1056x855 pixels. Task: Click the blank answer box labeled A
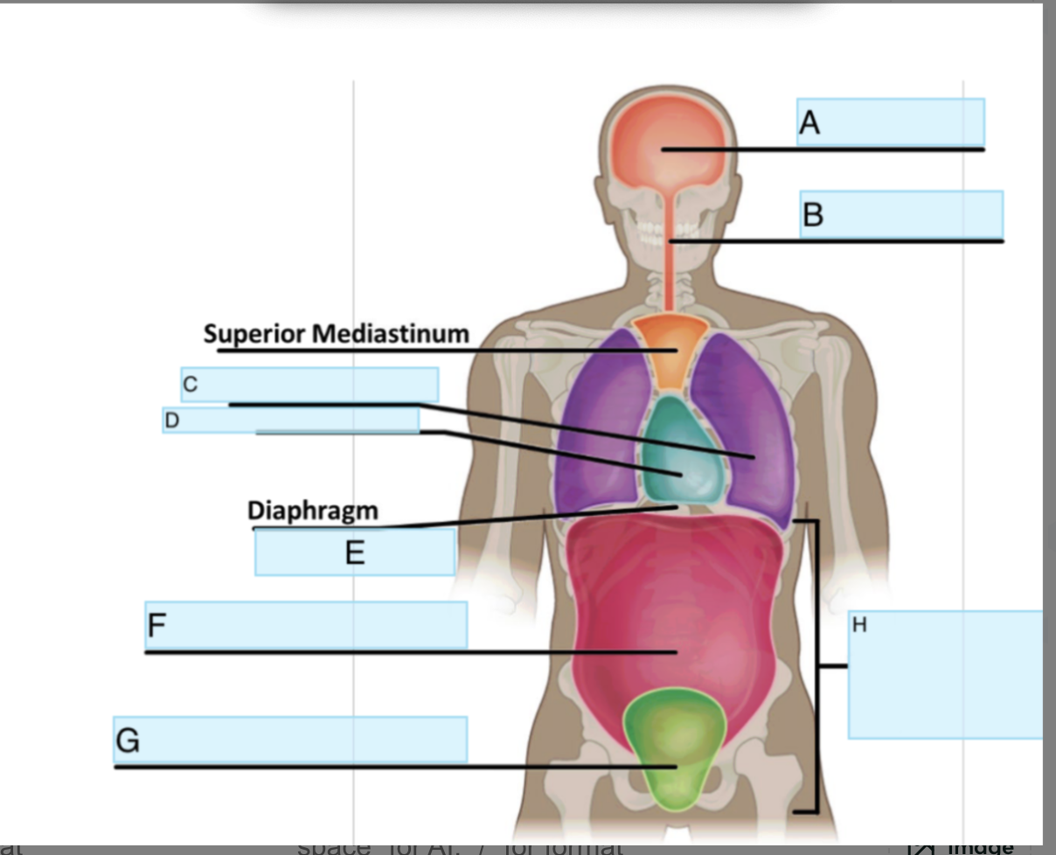point(890,122)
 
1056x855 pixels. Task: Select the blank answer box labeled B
point(900,214)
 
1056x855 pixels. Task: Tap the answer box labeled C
point(309,385)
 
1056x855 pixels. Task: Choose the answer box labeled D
point(290,421)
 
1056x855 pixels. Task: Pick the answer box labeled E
point(354,553)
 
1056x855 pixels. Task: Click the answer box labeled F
point(306,625)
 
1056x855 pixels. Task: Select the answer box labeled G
point(289,740)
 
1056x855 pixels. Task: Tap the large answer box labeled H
point(944,674)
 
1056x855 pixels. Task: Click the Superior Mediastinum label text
point(336,334)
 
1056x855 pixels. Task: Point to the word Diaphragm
point(313,511)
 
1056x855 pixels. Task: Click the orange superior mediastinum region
point(670,350)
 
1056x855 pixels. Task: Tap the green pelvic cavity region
point(675,743)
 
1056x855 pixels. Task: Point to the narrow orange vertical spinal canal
point(670,262)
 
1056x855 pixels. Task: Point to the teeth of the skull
point(668,229)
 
